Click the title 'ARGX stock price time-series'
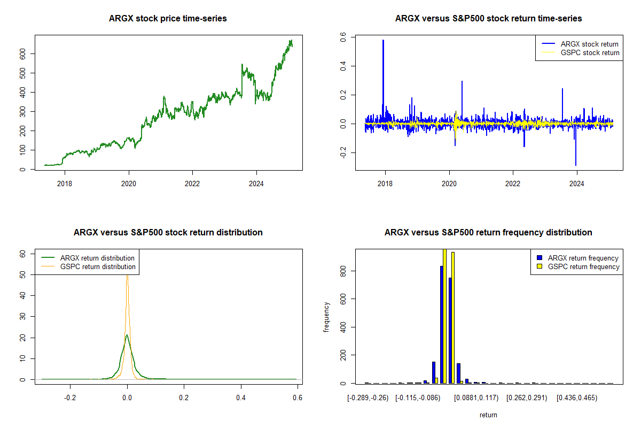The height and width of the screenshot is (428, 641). (168, 18)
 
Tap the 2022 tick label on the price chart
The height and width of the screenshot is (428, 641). (192, 184)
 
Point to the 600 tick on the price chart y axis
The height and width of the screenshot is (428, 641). (22, 53)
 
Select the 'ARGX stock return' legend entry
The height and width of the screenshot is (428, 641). (580, 44)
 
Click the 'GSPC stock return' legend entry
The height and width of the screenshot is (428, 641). (581, 52)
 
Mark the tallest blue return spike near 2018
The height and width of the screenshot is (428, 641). (383, 40)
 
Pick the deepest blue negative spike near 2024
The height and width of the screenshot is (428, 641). (576, 165)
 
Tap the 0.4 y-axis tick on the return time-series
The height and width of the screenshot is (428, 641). (343, 66)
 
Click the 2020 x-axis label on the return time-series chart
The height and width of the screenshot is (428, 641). (449, 184)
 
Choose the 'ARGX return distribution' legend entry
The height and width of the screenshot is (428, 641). (88, 258)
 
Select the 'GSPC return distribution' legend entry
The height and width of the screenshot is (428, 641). (89, 266)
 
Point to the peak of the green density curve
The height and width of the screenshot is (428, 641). (127, 335)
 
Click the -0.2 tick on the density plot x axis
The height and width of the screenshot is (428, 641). (70, 398)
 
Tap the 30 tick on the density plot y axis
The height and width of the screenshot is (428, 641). (22, 316)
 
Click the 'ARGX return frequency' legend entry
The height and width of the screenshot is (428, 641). (578, 258)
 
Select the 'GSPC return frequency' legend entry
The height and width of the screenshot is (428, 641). (579, 266)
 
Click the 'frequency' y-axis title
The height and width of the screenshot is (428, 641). (326, 317)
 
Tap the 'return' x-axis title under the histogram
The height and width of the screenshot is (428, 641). (488, 415)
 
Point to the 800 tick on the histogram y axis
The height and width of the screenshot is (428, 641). (343, 271)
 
